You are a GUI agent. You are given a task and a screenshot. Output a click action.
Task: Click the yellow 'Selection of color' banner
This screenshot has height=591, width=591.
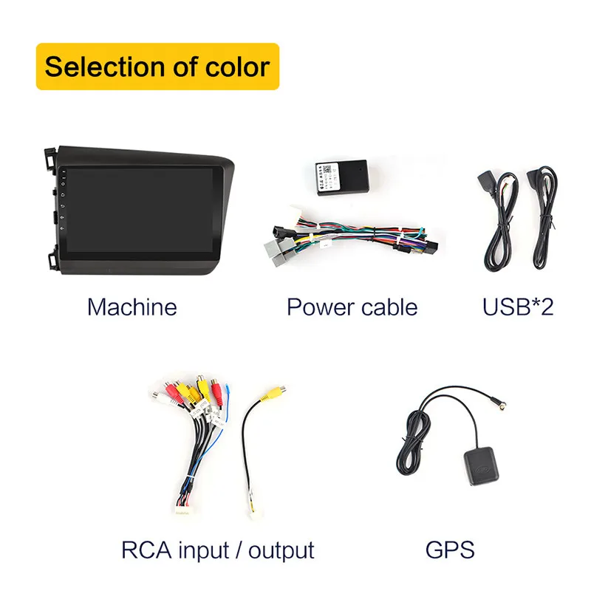157,66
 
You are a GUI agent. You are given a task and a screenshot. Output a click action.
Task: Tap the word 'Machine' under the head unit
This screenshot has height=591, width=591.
131,307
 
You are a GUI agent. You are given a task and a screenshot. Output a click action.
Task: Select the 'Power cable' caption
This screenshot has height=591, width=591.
352,307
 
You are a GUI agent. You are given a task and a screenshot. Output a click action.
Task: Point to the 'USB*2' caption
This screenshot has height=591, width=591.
518,307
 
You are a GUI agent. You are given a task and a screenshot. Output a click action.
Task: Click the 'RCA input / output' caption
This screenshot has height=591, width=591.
218,550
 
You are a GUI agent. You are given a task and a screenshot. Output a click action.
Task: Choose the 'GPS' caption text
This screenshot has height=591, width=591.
449,550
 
